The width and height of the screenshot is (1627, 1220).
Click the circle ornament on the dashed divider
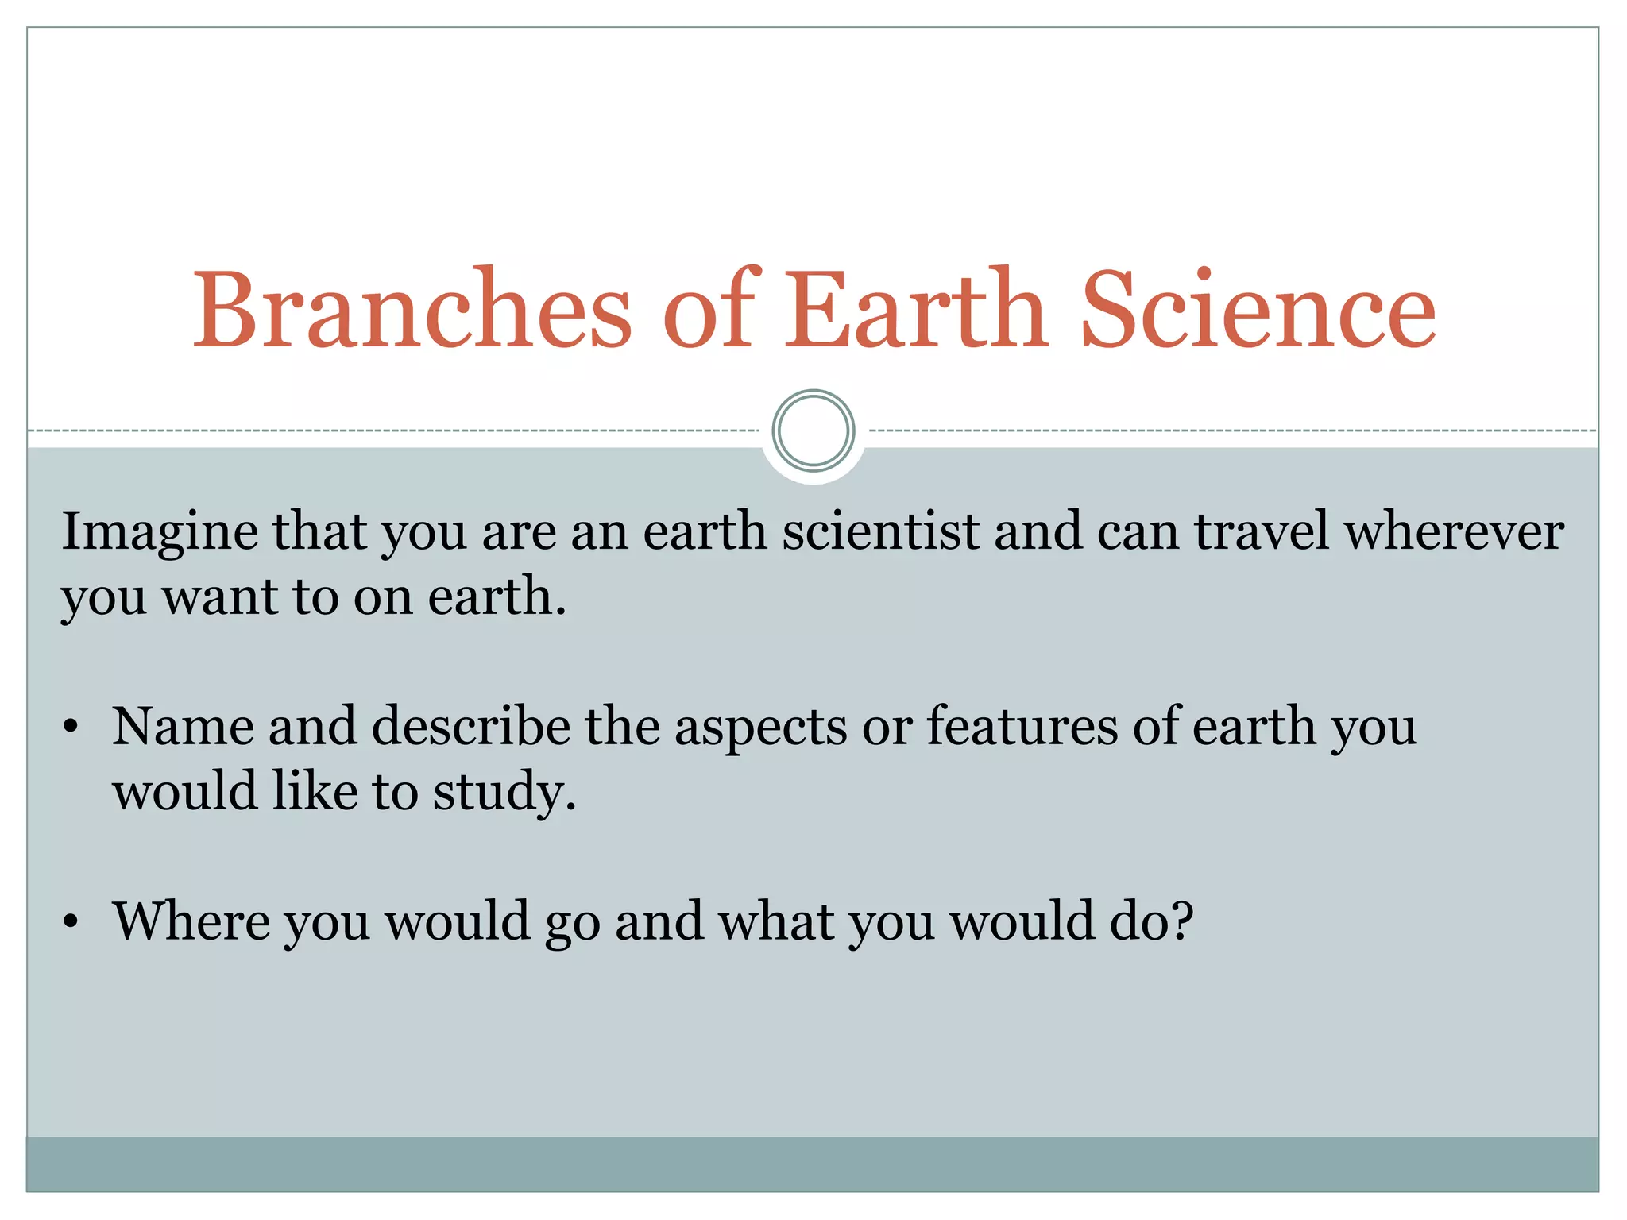pos(813,430)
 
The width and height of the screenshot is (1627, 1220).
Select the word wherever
pos(1454,531)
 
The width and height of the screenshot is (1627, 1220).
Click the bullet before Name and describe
pos(71,727)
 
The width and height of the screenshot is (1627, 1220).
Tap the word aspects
pos(761,728)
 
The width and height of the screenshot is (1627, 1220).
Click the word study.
pos(504,793)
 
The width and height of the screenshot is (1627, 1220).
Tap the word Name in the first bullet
pos(184,726)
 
